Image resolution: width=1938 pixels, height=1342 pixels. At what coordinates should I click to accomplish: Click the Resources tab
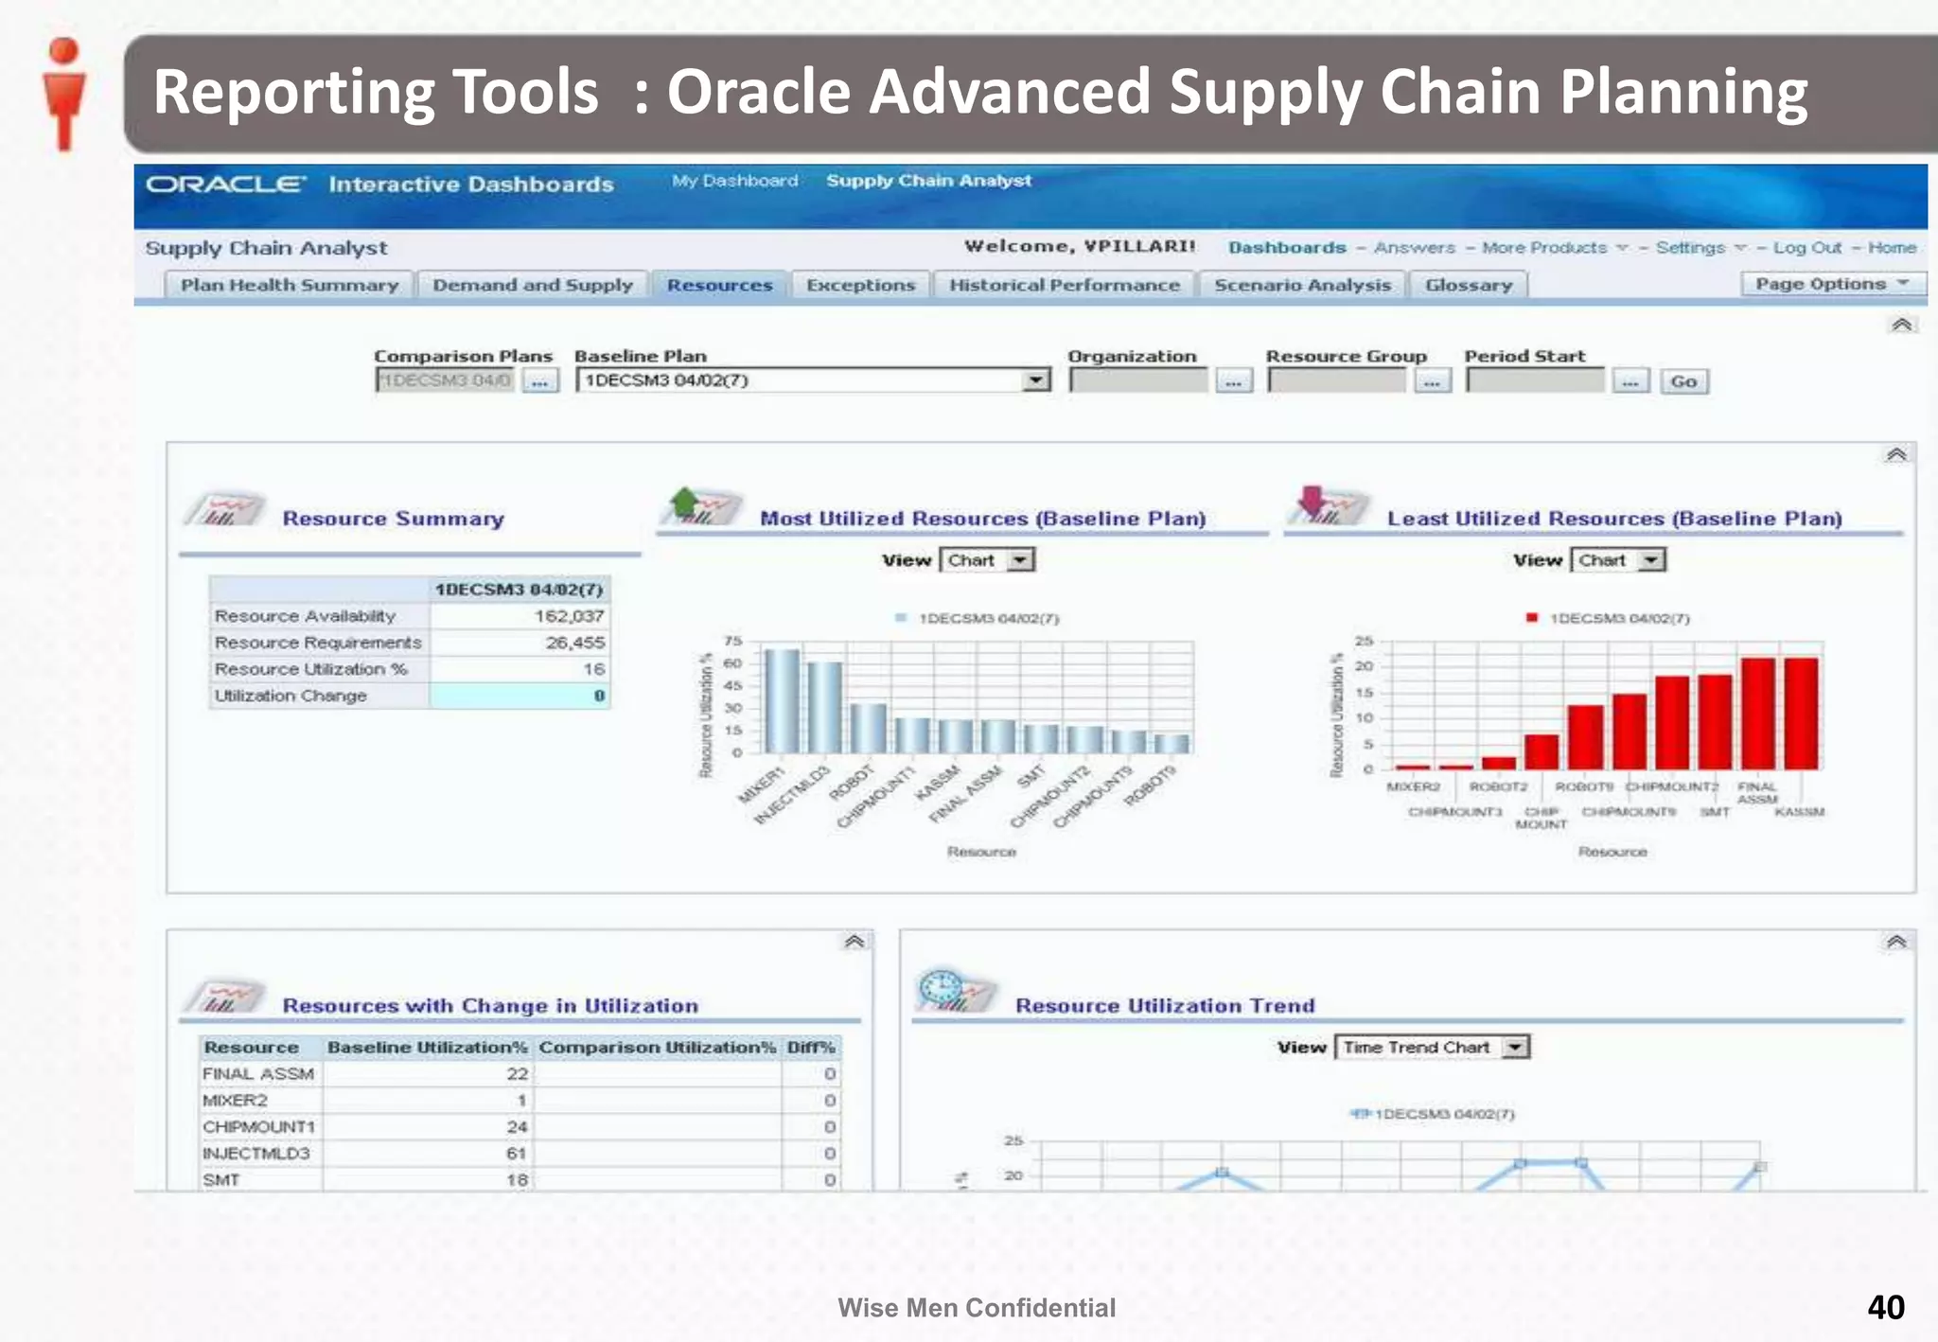pyautogui.click(x=719, y=285)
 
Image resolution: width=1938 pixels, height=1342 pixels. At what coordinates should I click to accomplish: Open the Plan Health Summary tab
pyautogui.click(x=290, y=285)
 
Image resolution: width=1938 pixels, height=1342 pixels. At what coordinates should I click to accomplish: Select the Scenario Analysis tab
pyautogui.click(x=1302, y=285)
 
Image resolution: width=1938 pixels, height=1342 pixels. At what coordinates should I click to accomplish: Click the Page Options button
pyautogui.click(x=1832, y=284)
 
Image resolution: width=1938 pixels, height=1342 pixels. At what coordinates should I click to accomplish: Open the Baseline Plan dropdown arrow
pyautogui.click(x=1037, y=380)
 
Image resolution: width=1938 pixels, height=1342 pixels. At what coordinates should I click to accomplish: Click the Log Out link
pyautogui.click(x=1806, y=248)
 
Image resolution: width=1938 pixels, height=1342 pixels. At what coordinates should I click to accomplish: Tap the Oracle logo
pyautogui.click(x=225, y=184)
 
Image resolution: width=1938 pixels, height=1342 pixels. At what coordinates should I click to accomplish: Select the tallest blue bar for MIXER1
pyautogui.click(x=782, y=700)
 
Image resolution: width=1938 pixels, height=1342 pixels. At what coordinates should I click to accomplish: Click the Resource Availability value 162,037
pyautogui.click(x=568, y=616)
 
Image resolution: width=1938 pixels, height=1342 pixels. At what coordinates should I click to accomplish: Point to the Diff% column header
pyautogui.click(x=811, y=1048)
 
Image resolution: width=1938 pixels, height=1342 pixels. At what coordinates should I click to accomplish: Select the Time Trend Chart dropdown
pyautogui.click(x=1432, y=1048)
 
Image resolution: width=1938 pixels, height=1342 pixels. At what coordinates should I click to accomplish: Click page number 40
pyautogui.click(x=1885, y=1308)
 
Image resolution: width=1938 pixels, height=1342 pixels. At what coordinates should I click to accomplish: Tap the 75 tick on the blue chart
pyautogui.click(x=733, y=642)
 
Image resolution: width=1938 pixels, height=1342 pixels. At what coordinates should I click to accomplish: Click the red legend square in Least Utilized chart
pyautogui.click(x=1531, y=618)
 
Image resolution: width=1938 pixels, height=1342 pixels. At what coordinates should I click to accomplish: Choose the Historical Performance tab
pyautogui.click(x=1065, y=285)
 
